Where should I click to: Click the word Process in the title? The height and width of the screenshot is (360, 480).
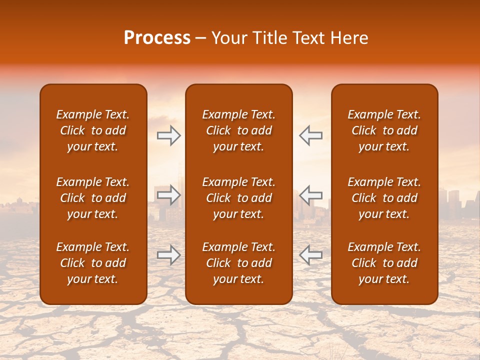(x=157, y=38)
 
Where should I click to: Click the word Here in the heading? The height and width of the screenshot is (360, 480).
(x=348, y=38)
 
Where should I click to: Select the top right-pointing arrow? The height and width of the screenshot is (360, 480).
(x=169, y=135)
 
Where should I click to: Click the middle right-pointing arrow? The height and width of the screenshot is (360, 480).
(x=169, y=195)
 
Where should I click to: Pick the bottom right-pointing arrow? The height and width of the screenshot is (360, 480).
(x=169, y=255)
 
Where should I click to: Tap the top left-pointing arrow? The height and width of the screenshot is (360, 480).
(x=311, y=135)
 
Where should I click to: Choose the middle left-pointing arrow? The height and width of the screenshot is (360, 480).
(x=311, y=195)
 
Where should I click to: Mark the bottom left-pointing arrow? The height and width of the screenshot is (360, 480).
(x=311, y=255)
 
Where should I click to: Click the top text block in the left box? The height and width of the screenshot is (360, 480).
(x=93, y=130)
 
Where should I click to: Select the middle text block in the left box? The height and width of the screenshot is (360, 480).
(x=93, y=198)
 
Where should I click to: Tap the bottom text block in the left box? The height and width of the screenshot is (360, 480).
(x=93, y=263)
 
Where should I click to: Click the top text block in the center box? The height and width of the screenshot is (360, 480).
(x=239, y=130)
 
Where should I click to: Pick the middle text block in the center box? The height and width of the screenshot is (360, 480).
(x=239, y=198)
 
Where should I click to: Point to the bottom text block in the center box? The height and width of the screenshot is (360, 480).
(x=239, y=263)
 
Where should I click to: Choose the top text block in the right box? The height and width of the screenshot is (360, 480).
(x=384, y=130)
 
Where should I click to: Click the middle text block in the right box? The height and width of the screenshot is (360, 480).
(x=384, y=198)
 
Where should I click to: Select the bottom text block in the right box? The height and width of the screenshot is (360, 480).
(x=384, y=263)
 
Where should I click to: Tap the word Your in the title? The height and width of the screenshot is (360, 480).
(x=228, y=38)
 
